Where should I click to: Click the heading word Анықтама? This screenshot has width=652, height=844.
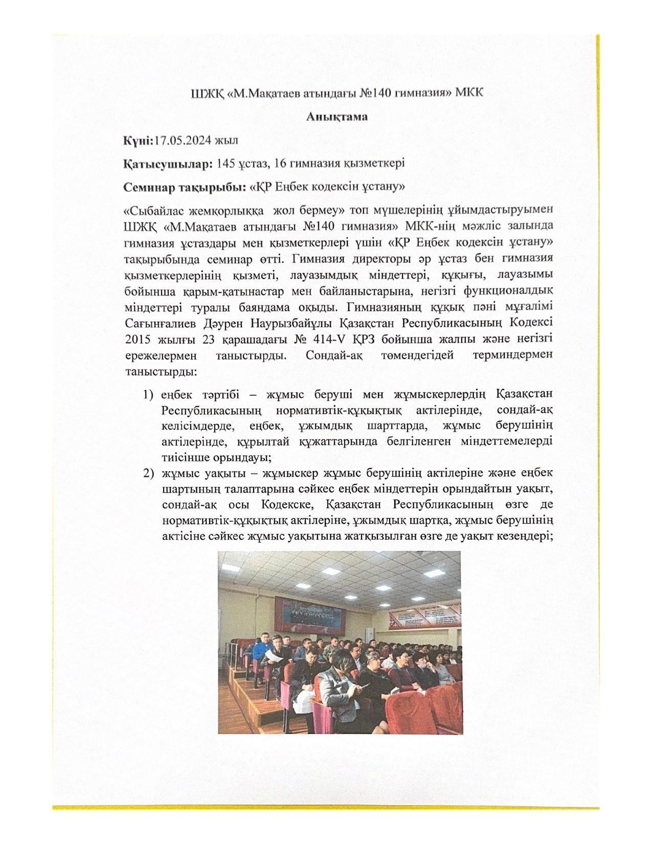337,117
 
